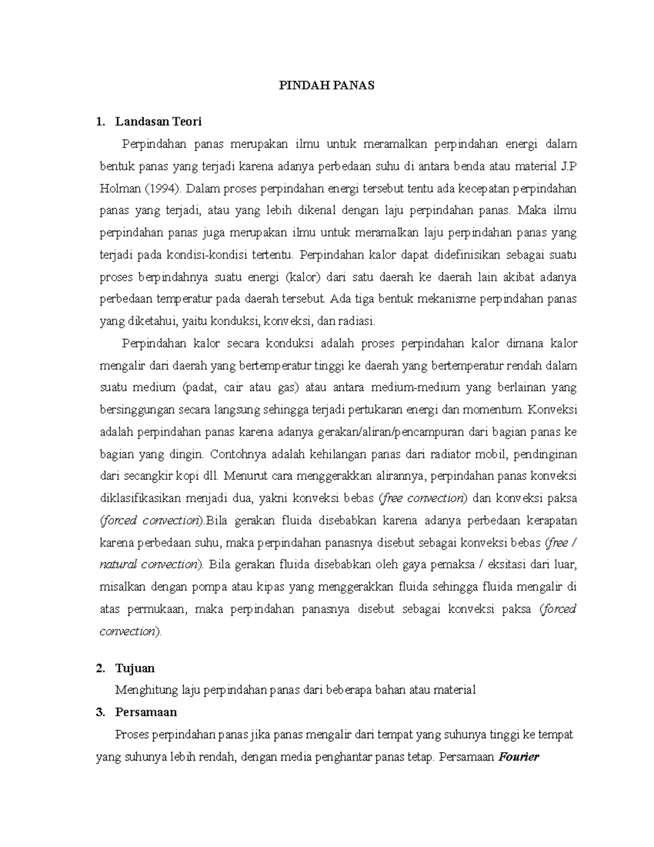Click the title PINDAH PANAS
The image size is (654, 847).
point(327,86)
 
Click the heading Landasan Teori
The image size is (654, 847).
point(158,122)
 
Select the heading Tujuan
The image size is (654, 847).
point(135,668)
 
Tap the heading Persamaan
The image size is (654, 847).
point(146,712)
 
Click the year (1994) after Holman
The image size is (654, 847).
point(163,189)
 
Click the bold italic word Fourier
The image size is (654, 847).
point(519,757)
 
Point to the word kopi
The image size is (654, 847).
point(187,476)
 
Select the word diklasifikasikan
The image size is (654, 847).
point(141,498)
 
